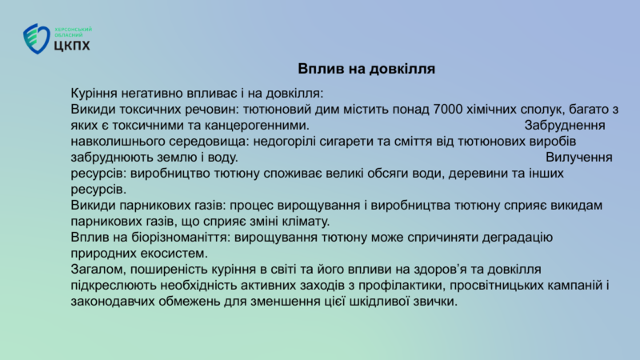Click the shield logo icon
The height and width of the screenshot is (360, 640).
[36, 38]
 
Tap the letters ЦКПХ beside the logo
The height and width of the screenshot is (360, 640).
[72, 46]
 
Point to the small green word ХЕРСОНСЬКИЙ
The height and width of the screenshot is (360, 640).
[74, 30]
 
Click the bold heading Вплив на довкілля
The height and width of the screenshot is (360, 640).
[366, 69]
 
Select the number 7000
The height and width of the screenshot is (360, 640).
[448, 110]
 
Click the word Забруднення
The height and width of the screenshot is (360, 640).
[565, 126]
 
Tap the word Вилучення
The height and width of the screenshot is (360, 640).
[578, 158]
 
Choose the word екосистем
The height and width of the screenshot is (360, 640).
[174, 254]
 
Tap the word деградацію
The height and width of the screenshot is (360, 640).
[517, 238]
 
